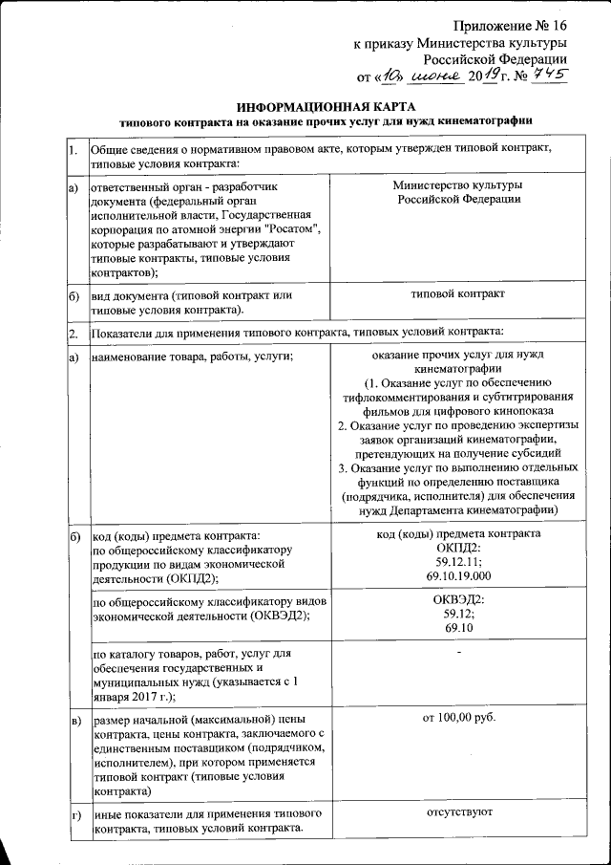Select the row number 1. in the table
(x=74, y=151)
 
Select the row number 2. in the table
(x=74, y=333)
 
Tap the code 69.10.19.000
(x=458, y=575)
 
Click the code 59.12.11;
(x=458, y=562)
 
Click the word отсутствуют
(x=458, y=812)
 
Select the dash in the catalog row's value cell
(x=458, y=654)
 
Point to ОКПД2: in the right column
(x=458, y=548)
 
